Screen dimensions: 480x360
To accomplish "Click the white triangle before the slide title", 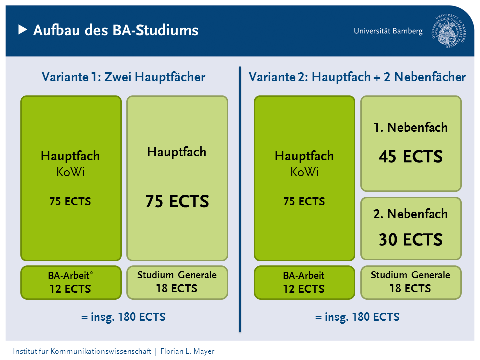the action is tap(23, 30).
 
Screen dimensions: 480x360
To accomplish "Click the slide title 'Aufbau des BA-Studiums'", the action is tap(116, 30).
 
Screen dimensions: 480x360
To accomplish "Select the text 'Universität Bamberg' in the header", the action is tap(388, 31).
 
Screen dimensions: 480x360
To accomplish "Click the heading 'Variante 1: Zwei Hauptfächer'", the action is tap(123, 77).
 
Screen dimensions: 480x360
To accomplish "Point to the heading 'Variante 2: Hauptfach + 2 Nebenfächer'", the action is tap(357, 77).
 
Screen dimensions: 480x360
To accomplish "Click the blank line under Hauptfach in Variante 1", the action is tap(179, 172).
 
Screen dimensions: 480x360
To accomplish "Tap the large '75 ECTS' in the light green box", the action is tap(177, 201).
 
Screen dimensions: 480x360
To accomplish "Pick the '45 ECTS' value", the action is tap(411, 156).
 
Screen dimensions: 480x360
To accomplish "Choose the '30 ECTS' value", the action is tap(411, 239).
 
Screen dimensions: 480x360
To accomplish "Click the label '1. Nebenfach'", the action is tap(411, 127).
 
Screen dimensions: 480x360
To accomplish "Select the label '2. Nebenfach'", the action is tap(411, 214).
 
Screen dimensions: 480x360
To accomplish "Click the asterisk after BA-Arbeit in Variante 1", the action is tap(91, 273).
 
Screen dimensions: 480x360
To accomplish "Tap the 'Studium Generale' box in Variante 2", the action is tap(411, 282).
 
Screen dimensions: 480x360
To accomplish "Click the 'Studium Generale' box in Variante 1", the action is tap(177, 282).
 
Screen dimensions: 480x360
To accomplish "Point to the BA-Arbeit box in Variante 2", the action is tap(304, 282).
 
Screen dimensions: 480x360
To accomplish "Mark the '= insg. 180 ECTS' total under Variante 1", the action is tap(123, 317).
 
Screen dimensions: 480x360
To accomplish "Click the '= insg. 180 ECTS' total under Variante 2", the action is tap(357, 317).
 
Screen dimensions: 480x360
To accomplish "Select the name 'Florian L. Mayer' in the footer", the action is tap(187, 351).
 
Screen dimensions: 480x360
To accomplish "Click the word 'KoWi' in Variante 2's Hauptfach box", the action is tap(304, 172).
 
